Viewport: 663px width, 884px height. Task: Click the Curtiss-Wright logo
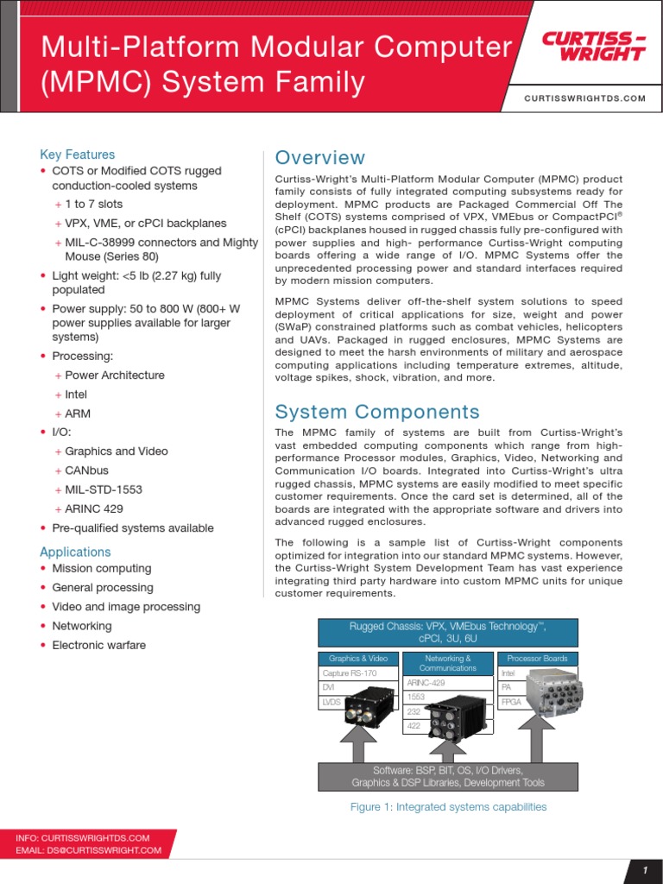593,47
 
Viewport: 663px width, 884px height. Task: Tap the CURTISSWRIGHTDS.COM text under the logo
584,98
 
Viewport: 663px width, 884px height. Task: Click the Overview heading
319,158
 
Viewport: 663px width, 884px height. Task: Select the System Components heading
376,412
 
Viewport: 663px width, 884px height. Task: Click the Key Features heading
78,155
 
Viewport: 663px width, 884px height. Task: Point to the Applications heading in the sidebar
75,552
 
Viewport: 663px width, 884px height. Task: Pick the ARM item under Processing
78,414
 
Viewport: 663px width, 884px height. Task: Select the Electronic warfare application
99,645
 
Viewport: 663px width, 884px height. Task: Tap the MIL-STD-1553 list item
104,489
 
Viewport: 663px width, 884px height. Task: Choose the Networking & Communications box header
448,663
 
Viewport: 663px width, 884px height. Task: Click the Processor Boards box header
537,659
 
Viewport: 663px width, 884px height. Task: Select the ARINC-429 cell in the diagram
426,682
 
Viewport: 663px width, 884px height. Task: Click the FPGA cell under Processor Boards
509,702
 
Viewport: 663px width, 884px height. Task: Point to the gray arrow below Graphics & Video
357,742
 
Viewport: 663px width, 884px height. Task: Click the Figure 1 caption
447,807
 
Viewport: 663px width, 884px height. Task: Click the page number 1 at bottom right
644,871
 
